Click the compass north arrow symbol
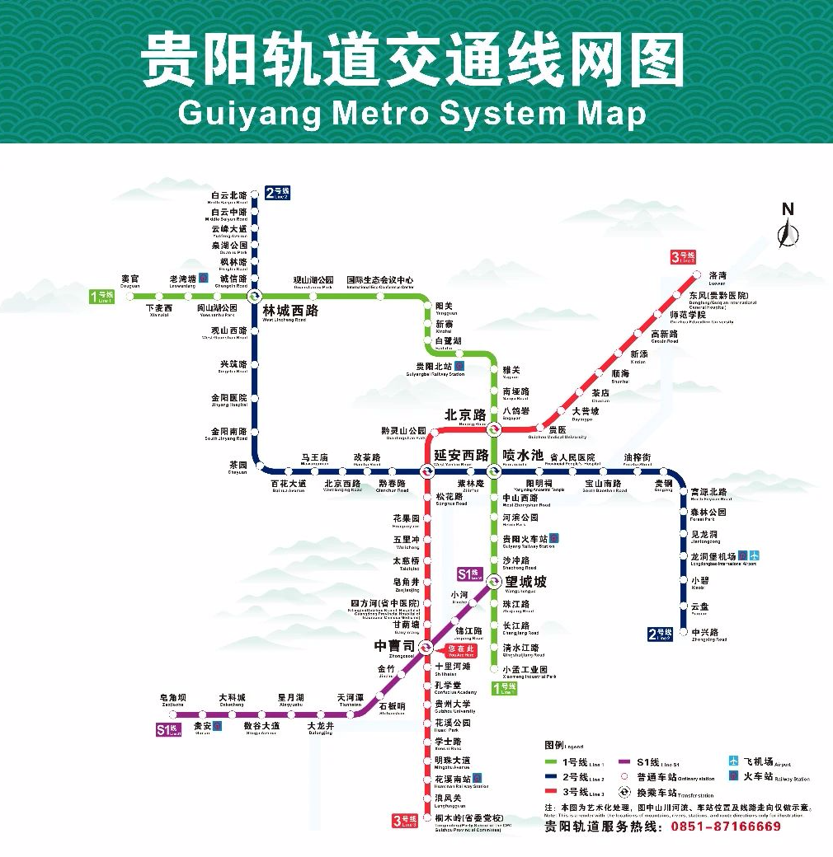pos(788,231)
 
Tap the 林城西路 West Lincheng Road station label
pos(289,312)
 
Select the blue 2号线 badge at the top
pos(277,194)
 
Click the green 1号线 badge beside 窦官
pos(104,297)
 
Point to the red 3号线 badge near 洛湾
pos(683,257)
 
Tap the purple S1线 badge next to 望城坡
pos(468,574)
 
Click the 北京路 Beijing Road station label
pos(465,415)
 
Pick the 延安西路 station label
pos(461,455)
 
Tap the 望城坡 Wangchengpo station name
pos(525,582)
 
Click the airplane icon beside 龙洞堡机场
pos(755,556)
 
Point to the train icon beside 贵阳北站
pos(459,366)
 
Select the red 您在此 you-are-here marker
pos(461,650)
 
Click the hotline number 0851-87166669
pos(726,826)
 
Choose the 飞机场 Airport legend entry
pos(751,761)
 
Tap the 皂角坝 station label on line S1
pos(173,698)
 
